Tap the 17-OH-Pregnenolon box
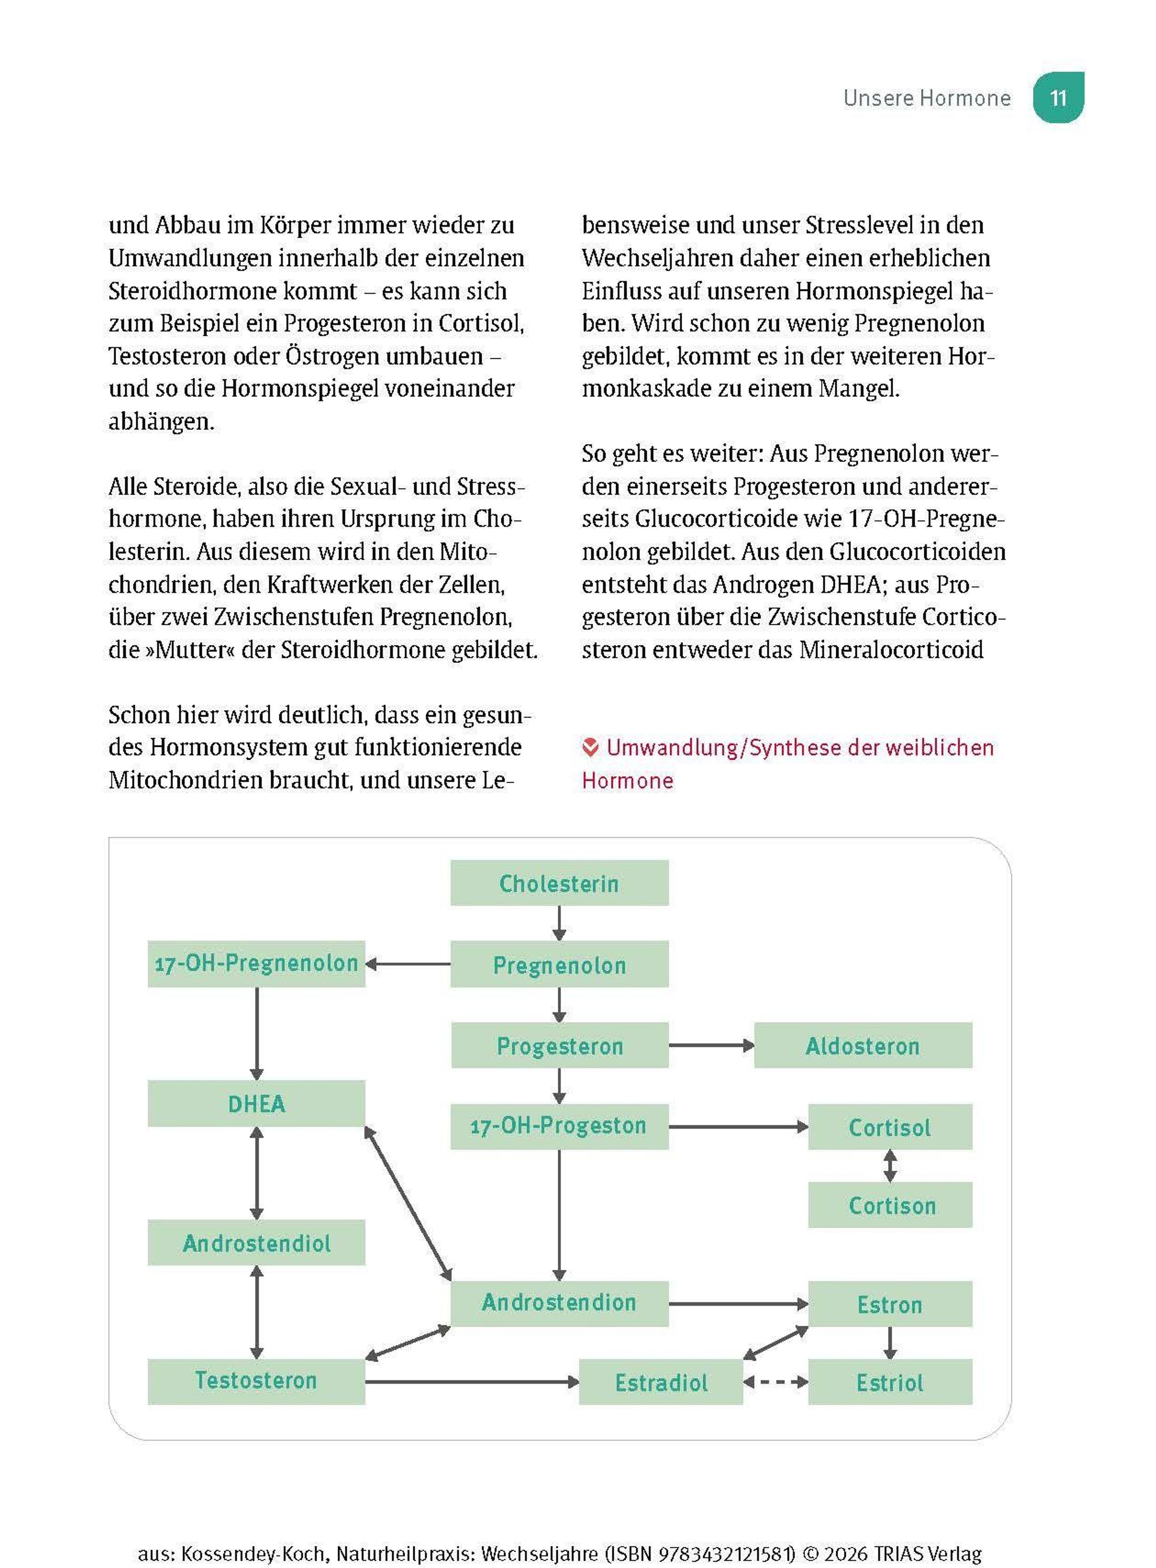(x=256, y=963)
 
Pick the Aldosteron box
(x=862, y=1045)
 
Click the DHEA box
(x=256, y=1104)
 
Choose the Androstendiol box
(x=256, y=1243)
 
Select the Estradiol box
(x=660, y=1382)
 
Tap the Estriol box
(x=890, y=1382)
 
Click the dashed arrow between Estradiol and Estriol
(x=775, y=1382)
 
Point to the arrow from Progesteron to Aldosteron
(x=711, y=1045)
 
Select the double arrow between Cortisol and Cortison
(x=890, y=1166)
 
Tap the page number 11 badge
(x=1058, y=97)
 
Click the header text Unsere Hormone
(x=926, y=98)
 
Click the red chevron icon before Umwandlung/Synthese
(x=591, y=747)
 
